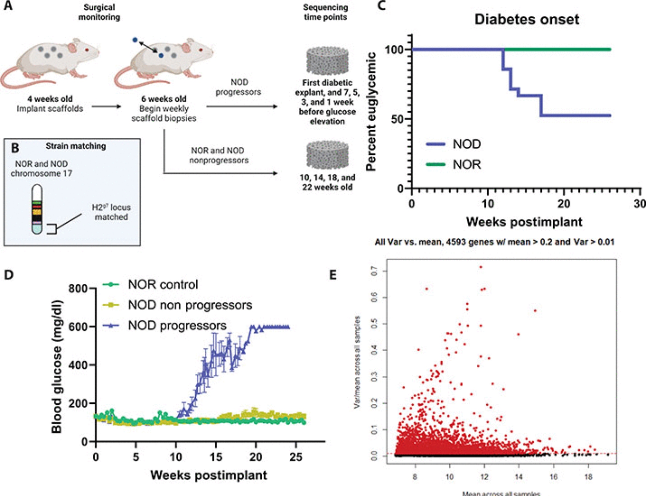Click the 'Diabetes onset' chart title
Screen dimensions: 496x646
(526, 19)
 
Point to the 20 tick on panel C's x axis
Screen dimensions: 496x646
(564, 204)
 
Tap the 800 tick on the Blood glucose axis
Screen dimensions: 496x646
(78, 288)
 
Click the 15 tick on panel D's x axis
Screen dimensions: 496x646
(216, 457)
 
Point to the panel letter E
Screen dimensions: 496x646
(333, 275)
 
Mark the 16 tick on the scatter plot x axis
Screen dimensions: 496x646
(553, 477)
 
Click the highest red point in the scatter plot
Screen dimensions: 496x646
(481, 267)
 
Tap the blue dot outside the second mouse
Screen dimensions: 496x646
(135, 40)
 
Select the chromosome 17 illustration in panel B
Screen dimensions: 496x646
(37, 209)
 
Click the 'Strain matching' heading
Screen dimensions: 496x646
(76, 146)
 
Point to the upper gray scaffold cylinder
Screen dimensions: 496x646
(327, 61)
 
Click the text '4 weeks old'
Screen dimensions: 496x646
(50, 99)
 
